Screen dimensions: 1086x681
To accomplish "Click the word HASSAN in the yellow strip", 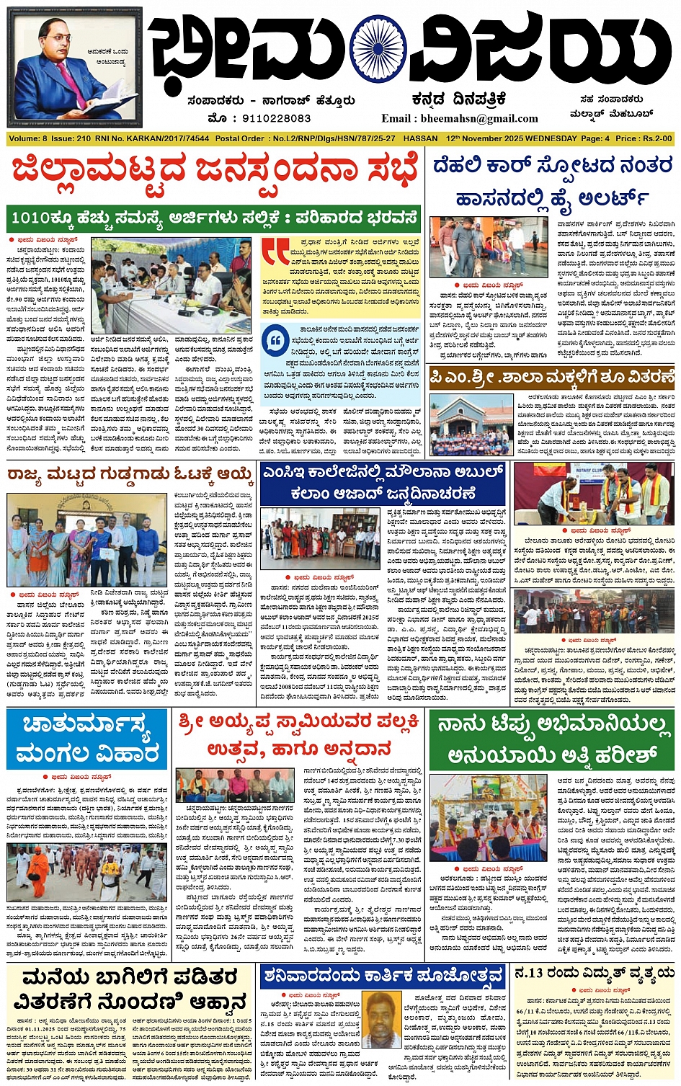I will click(421, 138).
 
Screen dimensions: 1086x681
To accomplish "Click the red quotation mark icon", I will click(275, 252).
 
